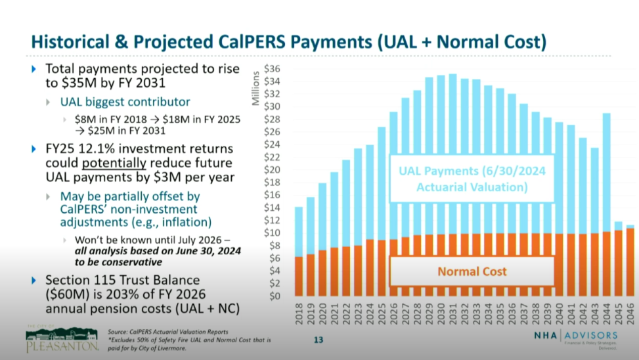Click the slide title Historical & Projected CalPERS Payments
pos(289,42)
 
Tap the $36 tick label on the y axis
pos(272,69)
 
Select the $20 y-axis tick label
pos(272,170)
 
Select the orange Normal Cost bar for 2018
pos(299,276)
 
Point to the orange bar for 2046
pos(630,262)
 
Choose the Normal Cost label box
pos(472,271)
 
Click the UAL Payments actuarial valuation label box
pos(472,179)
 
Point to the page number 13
pos(319,340)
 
